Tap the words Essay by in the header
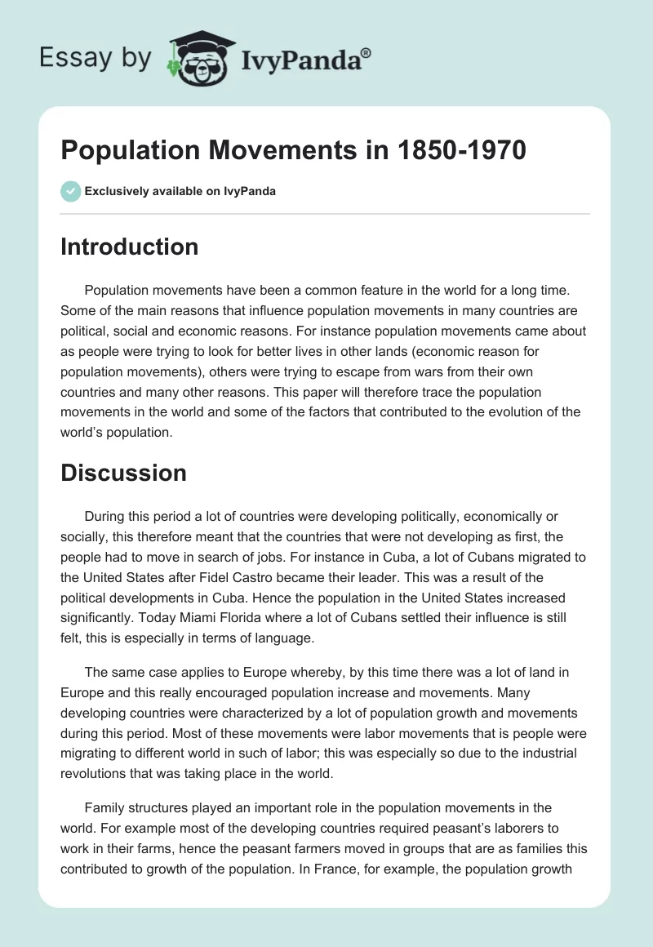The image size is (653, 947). coord(96,59)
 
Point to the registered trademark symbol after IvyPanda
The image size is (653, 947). coord(366,53)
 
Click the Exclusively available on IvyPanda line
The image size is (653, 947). coord(180,191)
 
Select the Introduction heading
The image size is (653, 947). coord(129,247)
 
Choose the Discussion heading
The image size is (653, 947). coord(123,472)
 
